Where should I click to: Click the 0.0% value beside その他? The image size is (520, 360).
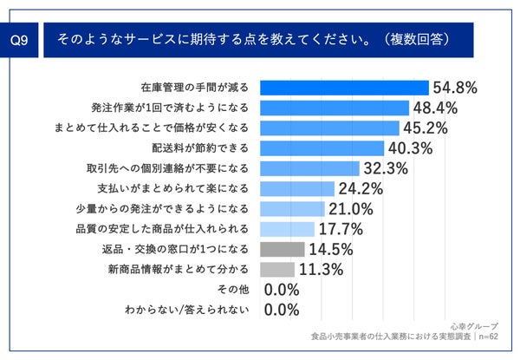[x=281, y=290]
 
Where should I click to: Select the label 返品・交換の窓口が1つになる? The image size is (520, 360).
[x=174, y=249]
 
